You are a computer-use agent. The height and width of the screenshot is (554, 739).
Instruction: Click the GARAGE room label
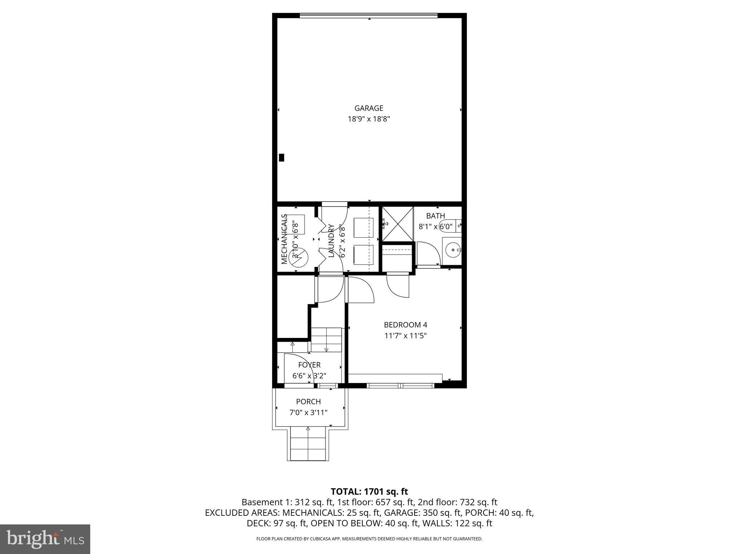[368, 108]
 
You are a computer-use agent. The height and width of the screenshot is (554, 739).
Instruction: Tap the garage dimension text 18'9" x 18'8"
[368, 119]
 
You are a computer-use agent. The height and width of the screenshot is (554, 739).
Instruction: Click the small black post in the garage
[281, 158]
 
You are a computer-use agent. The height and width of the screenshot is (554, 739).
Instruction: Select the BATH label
[435, 216]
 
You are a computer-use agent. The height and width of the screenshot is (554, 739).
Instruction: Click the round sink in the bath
[451, 249]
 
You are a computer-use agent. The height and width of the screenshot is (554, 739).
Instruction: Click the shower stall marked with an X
[398, 224]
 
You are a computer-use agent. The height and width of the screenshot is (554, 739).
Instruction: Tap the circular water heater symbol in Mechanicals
[301, 256]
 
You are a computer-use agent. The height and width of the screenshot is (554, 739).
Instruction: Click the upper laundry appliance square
[363, 228]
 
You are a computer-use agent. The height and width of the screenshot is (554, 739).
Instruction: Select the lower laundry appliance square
[363, 255]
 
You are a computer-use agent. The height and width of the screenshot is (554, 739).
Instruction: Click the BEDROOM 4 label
[405, 325]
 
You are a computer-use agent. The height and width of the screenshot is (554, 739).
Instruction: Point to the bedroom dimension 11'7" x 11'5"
[405, 336]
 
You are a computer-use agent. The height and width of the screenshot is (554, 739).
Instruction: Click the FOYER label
[309, 365]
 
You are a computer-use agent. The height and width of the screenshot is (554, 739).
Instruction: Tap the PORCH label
[308, 402]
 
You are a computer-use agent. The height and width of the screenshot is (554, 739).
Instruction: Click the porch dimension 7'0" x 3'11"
[308, 413]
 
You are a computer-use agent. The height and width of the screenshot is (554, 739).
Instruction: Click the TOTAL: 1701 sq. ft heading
[369, 492]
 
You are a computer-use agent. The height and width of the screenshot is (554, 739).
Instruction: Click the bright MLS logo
[45, 539]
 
